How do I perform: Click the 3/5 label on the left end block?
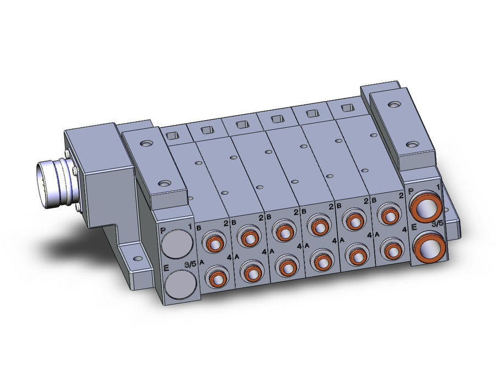[x=190, y=264]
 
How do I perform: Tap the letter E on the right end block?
[x=414, y=227]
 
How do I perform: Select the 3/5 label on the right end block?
[x=437, y=224]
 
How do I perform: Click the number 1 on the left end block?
[x=190, y=227]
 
